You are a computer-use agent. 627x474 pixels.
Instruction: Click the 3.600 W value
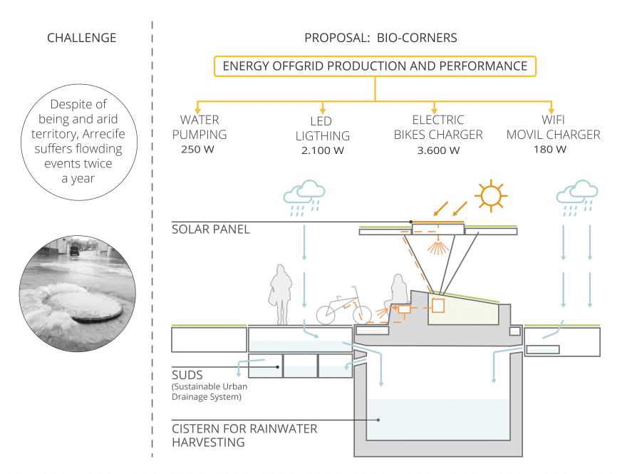point(438,150)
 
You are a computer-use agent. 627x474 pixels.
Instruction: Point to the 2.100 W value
point(322,150)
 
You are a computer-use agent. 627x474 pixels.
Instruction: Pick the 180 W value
point(550,150)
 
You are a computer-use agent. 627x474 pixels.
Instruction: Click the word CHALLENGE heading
point(81,38)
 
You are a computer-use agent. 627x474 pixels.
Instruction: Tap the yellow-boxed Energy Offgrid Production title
point(375,66)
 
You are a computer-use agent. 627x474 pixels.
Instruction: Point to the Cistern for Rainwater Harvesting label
point(244,436)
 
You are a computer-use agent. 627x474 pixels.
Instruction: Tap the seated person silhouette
point(396,294)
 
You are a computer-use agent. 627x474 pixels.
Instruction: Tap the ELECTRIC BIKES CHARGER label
point(437,127)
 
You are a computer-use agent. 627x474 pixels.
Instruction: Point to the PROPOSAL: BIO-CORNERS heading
point(380,38)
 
